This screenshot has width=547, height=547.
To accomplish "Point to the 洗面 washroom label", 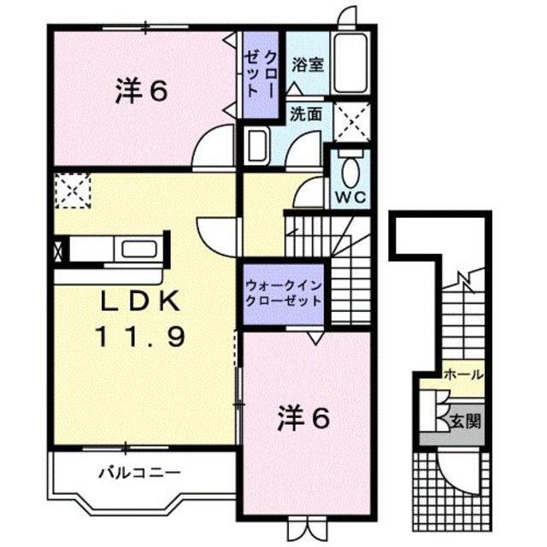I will click(x=305, y=112).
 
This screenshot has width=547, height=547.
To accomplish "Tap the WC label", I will click(x=350, y=196).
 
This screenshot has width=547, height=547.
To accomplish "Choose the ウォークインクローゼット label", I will click(x=283, y=293).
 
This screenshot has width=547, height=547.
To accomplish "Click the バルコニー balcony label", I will click(x=126, y=471).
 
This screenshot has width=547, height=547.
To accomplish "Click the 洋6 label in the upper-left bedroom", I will click(x=139, y=91).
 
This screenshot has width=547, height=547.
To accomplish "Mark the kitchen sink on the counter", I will click(x=138, y=250).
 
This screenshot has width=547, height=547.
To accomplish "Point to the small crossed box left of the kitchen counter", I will click(x=58, y=251).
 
